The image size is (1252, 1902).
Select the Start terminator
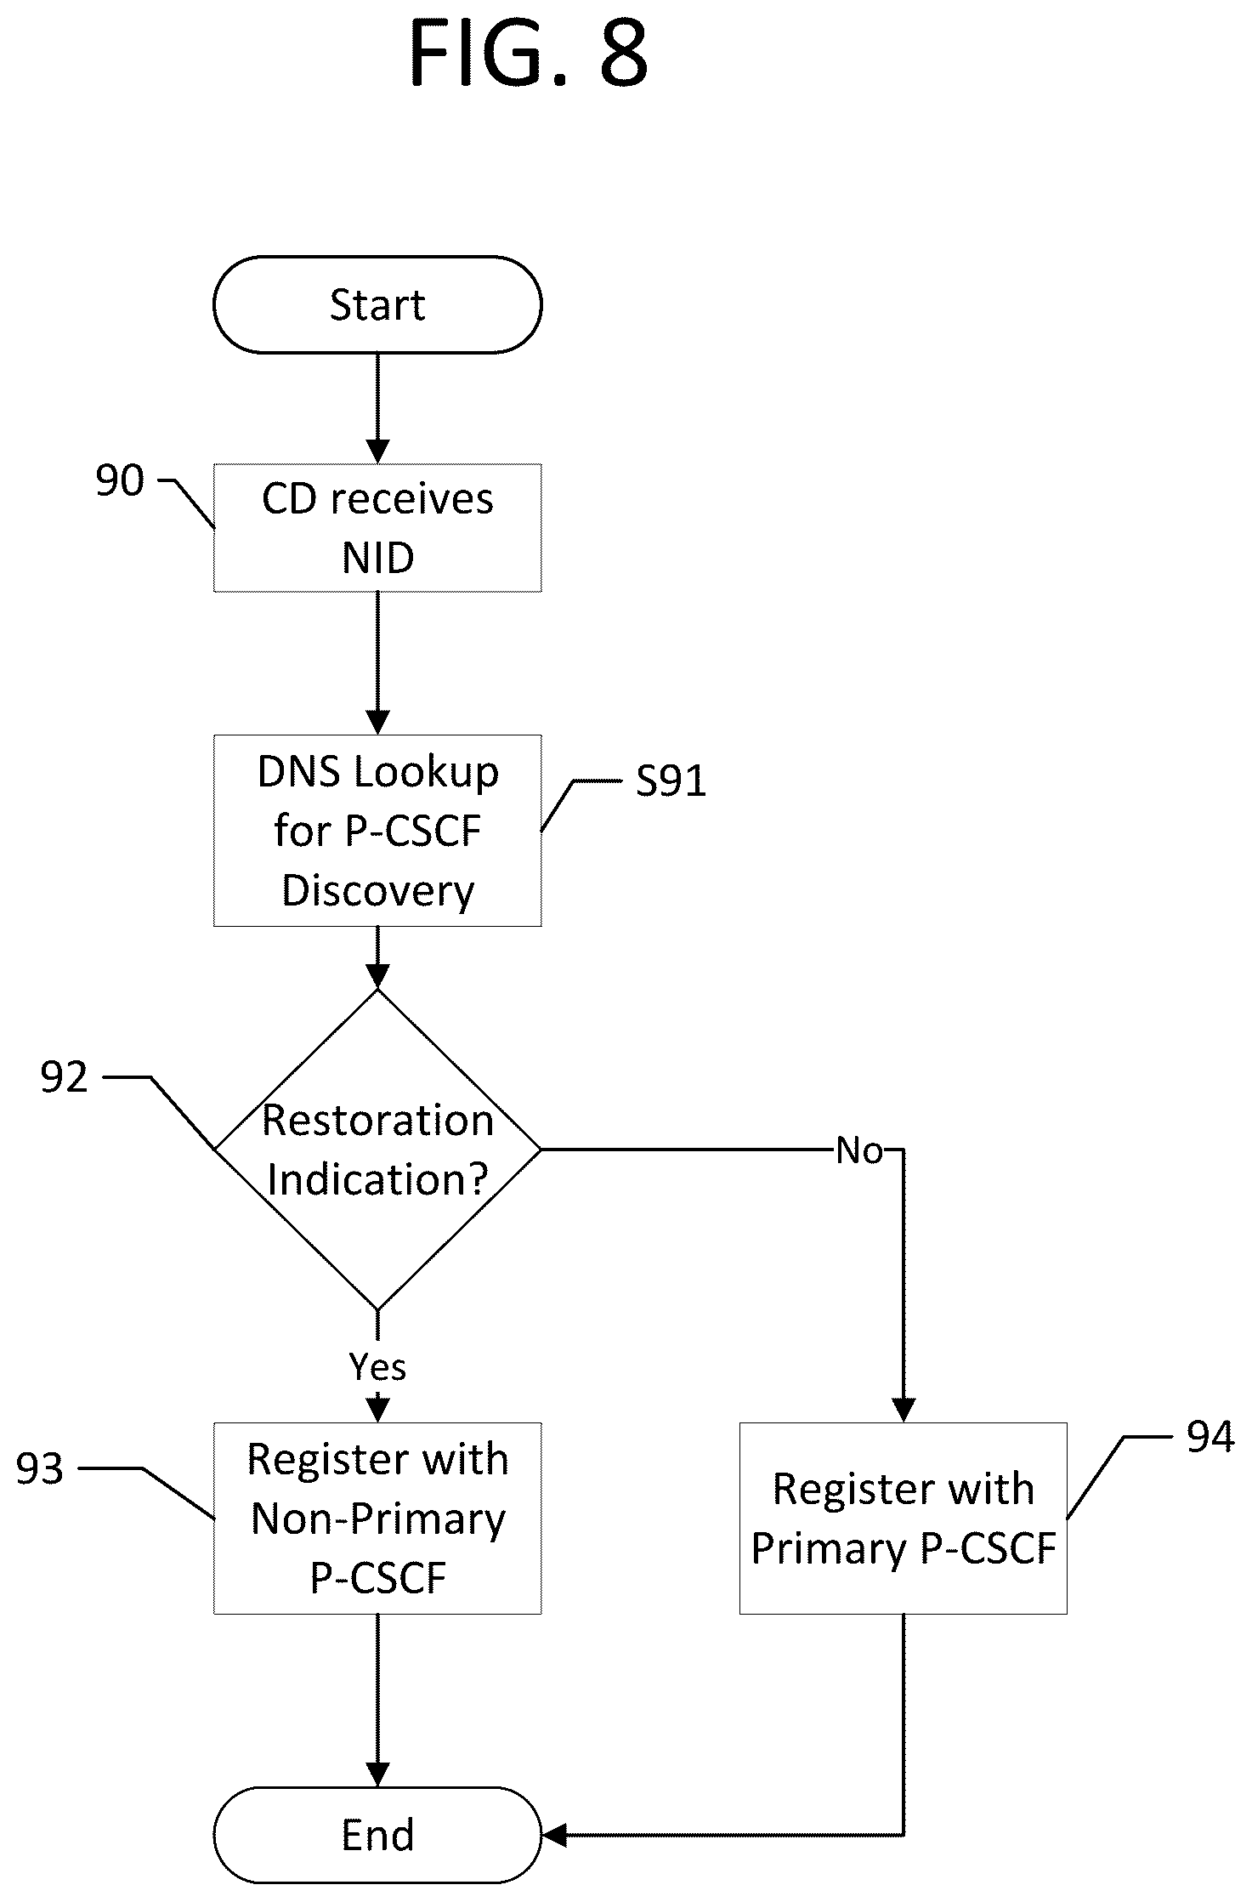377,304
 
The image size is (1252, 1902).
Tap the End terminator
377,1835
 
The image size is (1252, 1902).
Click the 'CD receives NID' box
377,527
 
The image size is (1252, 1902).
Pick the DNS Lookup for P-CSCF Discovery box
377,830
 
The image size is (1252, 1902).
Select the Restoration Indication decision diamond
377,1150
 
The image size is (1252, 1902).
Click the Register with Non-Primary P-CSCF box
377,1518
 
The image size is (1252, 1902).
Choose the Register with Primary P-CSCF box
903,1518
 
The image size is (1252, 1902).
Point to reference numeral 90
120,481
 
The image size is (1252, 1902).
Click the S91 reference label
671,781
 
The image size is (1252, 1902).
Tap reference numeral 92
65,1078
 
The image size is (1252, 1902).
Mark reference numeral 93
40,1469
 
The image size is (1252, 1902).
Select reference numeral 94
1210,1437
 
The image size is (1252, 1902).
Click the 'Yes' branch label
377,1366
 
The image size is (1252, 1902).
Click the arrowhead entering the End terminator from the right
554,1835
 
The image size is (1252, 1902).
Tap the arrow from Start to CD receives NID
377,408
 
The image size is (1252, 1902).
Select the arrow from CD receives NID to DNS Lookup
377,663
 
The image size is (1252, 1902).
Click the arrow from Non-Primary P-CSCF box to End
377,1700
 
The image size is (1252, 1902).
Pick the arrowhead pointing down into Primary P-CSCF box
903,1411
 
